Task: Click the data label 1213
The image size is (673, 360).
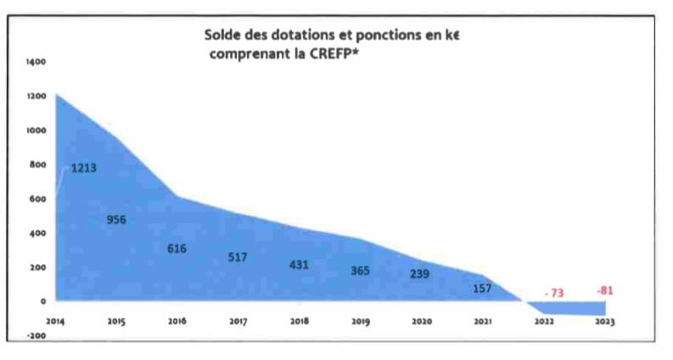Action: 83,168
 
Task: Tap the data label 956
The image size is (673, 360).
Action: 117,220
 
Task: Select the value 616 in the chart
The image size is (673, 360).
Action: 177,249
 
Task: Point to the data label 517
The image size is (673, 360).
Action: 238,257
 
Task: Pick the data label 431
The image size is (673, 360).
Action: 299,264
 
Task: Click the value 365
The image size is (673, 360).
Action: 360,271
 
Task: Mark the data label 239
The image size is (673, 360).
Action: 419,274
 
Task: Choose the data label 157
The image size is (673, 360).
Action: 483,289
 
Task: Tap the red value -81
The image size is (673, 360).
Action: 604,290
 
